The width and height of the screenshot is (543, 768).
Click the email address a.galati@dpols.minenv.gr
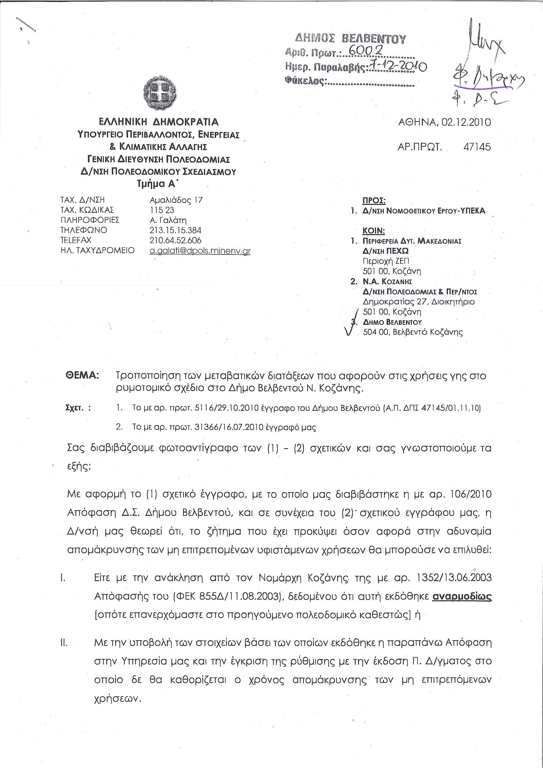[x=200, y=251]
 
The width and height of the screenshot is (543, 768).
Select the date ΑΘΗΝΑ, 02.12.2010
[x=445, y=122]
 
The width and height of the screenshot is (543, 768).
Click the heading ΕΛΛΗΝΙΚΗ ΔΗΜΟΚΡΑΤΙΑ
[x=157, y=121]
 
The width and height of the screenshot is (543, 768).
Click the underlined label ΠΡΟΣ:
[x=374, y=201]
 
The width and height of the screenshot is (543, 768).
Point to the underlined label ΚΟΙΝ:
[x=374, y=231]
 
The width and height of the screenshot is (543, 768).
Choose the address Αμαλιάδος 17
[x=176, y=200]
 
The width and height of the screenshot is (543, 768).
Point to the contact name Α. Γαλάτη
[x=168, y=220]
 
